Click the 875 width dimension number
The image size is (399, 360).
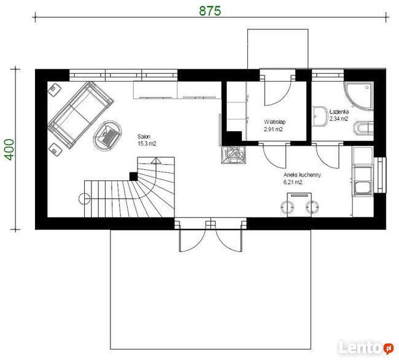pos(210,11)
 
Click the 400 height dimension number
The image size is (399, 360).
pos(10,150)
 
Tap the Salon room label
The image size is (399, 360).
pos(144,137)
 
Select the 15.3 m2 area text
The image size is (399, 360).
pos(147,144)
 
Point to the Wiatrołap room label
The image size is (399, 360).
pos(274,122)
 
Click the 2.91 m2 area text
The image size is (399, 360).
pos(273,129)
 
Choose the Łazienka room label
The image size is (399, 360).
pos(339,112)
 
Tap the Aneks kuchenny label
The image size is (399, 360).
pos(302,175)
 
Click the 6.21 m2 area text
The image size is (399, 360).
pos(293,182)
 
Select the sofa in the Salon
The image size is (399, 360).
pos(81,115)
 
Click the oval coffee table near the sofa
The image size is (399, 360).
pos(107,135)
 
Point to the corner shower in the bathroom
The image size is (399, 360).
pos(359,96)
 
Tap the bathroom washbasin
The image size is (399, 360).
pos(320,117)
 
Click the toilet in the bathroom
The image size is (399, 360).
pos(363,128)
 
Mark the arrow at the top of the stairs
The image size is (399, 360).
pos(156,161)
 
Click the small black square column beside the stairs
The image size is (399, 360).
pos(133,176)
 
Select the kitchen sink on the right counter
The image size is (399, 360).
pos(363,188)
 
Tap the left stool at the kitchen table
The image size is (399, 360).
pos(287,207)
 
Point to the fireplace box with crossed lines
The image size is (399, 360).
pos(234,155)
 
